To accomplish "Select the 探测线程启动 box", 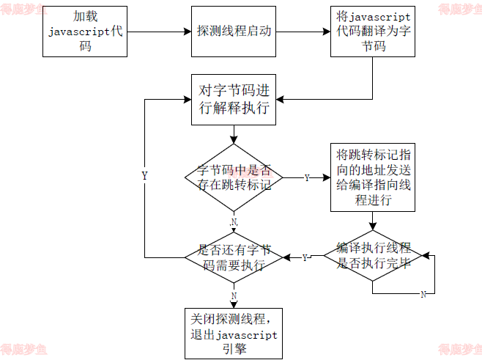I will pos(234,32).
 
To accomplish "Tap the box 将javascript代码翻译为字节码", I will pos(374,32).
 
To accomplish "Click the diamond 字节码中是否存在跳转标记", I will pos(234,177).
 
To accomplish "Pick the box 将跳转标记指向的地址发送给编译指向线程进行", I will pos(374,177).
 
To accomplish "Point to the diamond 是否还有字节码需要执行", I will pos(234,257).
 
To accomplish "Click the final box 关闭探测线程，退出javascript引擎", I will pos(234,333).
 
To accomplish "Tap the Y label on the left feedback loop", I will pos(144,176).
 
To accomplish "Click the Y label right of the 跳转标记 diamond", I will pos(306,177).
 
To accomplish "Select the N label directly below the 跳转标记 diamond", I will pos(234,221).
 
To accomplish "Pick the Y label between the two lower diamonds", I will pos(305,257).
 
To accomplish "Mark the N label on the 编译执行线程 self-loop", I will pos(423,294).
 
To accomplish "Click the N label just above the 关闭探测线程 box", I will pos(234,295).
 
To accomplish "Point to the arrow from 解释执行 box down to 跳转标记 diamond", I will pos(234,136).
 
